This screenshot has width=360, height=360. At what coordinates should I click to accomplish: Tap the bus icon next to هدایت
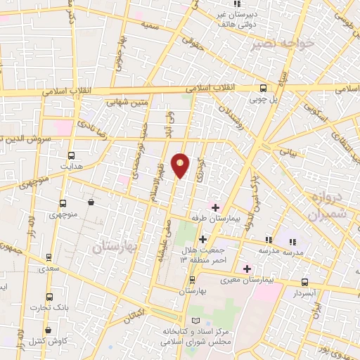pyautogui.click(x=71, y=156)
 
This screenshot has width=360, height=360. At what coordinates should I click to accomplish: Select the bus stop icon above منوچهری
pyautogui.click(x=63, y=202)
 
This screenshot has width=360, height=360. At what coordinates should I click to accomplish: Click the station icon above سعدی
pyautogui.click(x=49, y=257)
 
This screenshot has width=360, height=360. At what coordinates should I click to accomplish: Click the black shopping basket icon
pyautogui.click(x=91, y=202)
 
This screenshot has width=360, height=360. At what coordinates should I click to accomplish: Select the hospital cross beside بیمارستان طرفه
pyautogui.click(x=215, y=207)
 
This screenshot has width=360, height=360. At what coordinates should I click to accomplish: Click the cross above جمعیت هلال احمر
pyautogui.click(x=202, y=239)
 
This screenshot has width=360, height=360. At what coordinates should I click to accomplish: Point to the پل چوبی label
pyautogui.click(x=264, y=99)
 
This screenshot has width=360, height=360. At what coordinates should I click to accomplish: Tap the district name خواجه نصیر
pyautogui.click(x=285, y=44)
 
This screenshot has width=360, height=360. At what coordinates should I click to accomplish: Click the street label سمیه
pyautogui.click(x=148, y=25)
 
